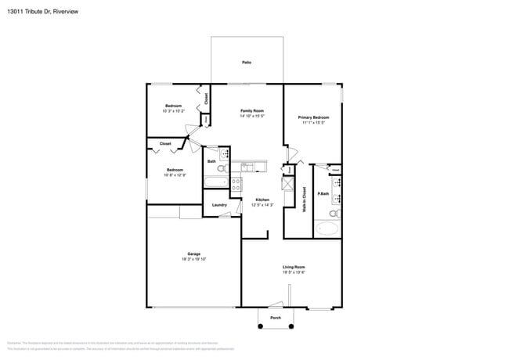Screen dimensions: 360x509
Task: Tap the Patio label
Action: click(247, 61)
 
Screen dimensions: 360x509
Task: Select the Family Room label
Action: click(251, 111)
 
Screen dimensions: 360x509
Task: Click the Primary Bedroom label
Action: click(313, 117)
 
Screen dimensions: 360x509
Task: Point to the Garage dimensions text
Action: click(193, 259)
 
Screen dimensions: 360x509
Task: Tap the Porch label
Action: click(276, 318)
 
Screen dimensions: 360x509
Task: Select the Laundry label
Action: click(219, 205)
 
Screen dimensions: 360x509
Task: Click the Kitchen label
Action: click(262, 200)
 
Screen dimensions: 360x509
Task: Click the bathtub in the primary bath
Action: click(328, 229)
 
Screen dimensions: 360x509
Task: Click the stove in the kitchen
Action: click(236, 185)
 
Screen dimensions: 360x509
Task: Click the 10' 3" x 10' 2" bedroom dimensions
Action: click(173, 111)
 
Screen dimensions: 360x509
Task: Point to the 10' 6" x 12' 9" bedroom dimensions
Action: click(175, 175)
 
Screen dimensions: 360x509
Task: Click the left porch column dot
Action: click(260, 326)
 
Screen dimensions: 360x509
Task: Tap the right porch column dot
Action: click(293, 326)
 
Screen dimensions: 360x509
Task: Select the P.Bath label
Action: click(322, 193)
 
